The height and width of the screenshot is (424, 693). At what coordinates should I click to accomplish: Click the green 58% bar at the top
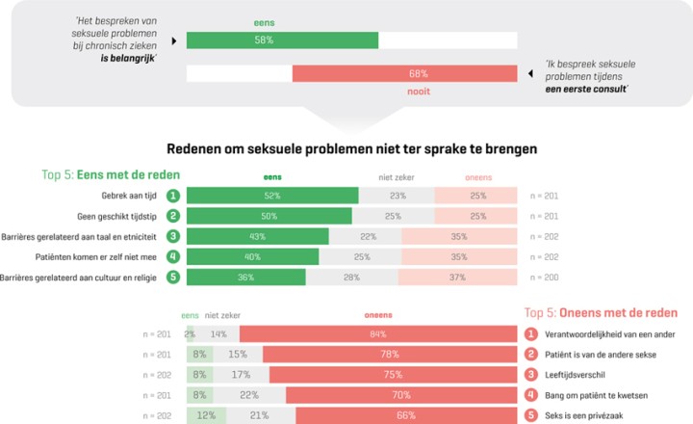(x=282, y=40)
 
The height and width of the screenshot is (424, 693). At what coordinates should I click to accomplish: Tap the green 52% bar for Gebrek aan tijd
(x=272, y=195)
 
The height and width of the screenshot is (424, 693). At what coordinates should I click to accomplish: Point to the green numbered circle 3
(x=173, y=236)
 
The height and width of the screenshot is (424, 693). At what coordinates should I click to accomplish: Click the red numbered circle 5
(x=530, y=415)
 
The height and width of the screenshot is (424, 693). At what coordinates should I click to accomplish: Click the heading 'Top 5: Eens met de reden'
(x=112, y=175)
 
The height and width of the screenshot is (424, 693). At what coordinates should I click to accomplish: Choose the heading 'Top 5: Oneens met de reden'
(x=601, y=313)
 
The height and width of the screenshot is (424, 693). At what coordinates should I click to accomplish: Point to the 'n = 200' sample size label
(x=544, y=278)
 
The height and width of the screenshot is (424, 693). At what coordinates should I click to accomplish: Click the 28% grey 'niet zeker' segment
(x=351, y=278)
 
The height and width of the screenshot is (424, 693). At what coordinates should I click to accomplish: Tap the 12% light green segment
(x=206, y=415)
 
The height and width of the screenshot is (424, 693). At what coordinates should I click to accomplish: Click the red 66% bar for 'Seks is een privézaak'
(x=406, y=415)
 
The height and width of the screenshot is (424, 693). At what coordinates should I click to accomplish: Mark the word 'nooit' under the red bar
(x=418, y=92)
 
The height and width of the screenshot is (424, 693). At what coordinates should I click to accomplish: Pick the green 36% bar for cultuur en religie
(x=245, y=278)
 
